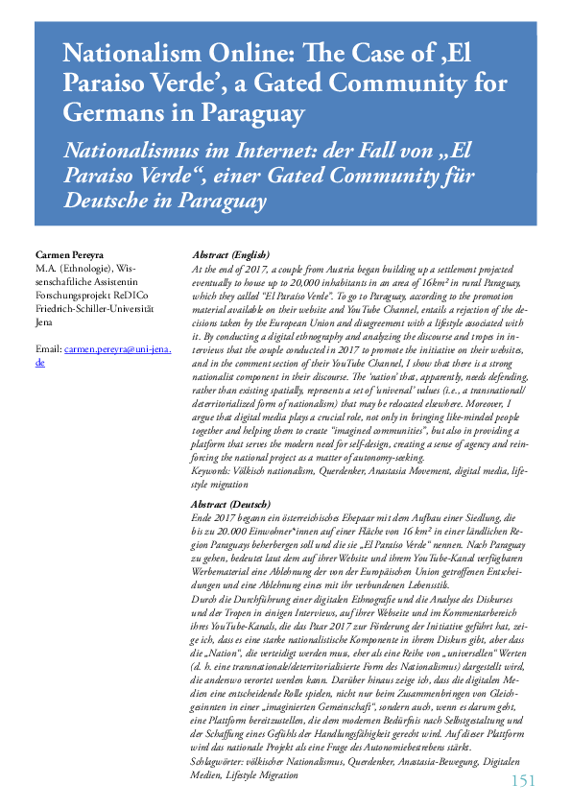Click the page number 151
[x=522, y=780]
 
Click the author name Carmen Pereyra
[x=69, y=254]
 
